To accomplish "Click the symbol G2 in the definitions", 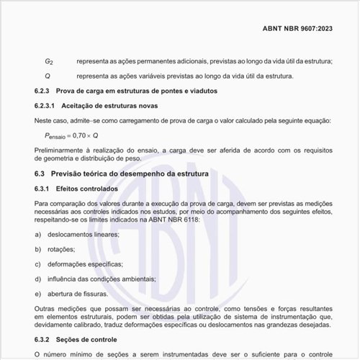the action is (x=48, y=62).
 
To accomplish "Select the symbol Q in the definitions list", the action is (x=48, y=76).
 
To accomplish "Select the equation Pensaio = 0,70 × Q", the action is (x=71, y=135).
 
